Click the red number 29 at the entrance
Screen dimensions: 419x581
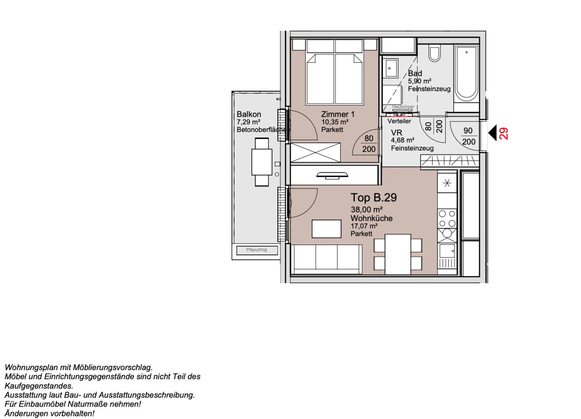click(503, 133)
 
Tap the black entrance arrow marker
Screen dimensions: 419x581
click(492, 133)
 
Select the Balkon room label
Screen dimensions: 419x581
click(249, 114)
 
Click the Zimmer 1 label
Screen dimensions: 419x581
click(338, 114)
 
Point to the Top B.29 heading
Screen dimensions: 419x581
click(374, 197)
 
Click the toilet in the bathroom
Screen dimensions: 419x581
click(434, 54)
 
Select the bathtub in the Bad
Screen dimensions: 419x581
click(466, 74)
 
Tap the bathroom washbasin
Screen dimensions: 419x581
click(390, 68)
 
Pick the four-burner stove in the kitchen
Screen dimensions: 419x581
click(447, 218)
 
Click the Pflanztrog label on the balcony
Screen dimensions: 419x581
click(257, 250)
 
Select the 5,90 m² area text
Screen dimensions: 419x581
click(419, 81)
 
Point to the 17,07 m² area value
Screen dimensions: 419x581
click(364, 226)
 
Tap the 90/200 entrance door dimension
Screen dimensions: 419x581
click(468, 136)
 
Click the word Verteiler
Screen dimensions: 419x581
click(399, 121)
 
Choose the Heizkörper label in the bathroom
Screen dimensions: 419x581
click(403, 107)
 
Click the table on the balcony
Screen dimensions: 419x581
click(262, 162)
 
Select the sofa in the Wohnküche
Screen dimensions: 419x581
click(326, 259)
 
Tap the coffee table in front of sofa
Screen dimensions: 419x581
click(326, 229)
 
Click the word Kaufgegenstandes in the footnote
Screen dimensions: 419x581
click(39, 386)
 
